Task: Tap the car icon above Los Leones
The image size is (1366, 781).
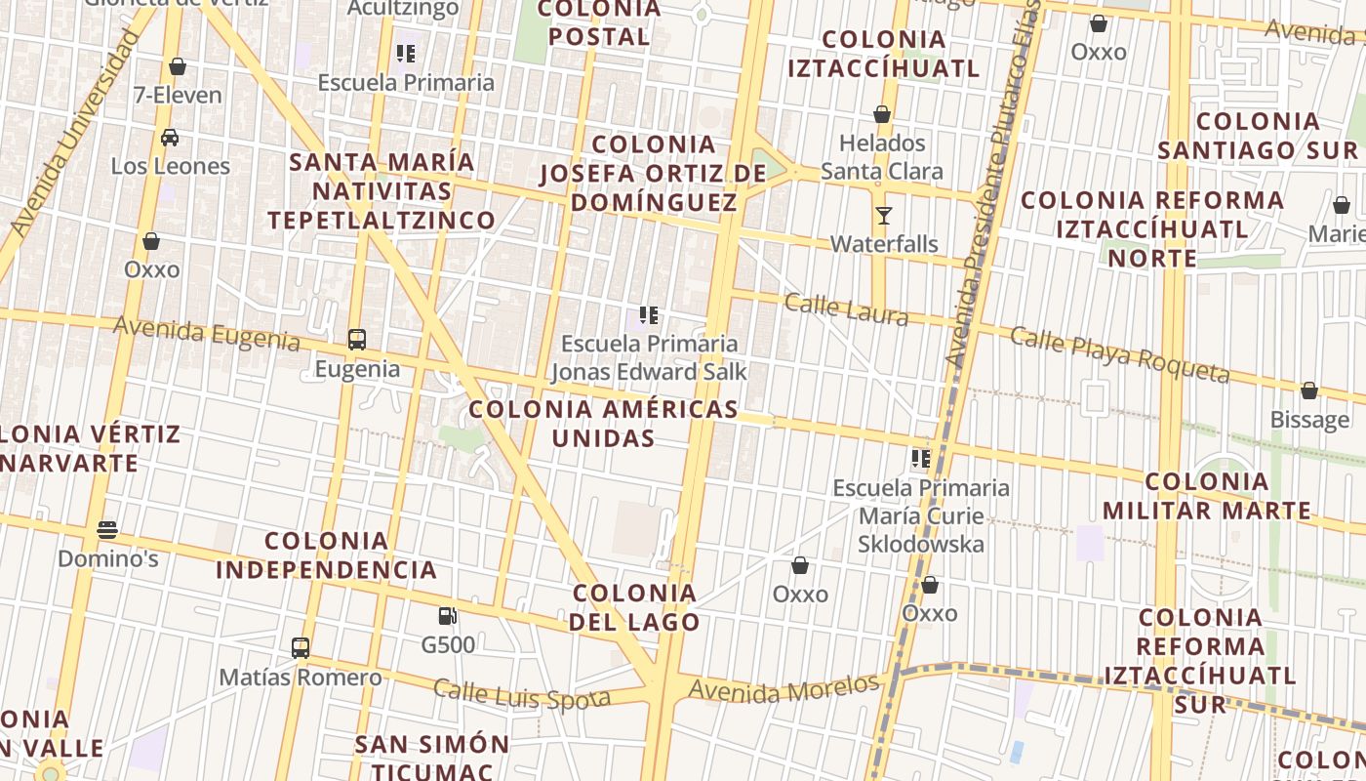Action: tap(170, 137)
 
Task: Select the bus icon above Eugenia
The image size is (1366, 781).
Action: tap(357, 340)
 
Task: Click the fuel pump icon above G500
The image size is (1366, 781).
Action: tap(448, 616)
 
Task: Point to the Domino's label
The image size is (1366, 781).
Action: tap(108, 559)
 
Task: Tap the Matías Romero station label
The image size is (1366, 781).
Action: tap(301, 678)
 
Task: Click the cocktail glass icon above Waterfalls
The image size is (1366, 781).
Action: tap(884, 215)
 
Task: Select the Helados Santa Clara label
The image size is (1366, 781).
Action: tap(882, 157)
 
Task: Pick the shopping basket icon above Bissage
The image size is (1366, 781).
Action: tap(1309, 390)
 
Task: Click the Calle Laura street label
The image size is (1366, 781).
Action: tap(846, 309)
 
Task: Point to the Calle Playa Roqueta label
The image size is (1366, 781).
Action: tap(1119, 355)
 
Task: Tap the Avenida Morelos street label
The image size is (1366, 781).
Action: tap(783, 688)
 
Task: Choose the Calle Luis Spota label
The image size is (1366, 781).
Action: tap(521, 694)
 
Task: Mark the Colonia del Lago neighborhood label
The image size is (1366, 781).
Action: tap(635, 607)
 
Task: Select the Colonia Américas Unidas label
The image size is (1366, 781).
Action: tap(603, 423)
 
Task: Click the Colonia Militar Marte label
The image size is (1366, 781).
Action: tap(1207, 496)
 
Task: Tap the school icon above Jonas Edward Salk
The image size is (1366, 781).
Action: tap(649, 315)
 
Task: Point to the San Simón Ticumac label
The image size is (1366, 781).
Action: tap(432, 758)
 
